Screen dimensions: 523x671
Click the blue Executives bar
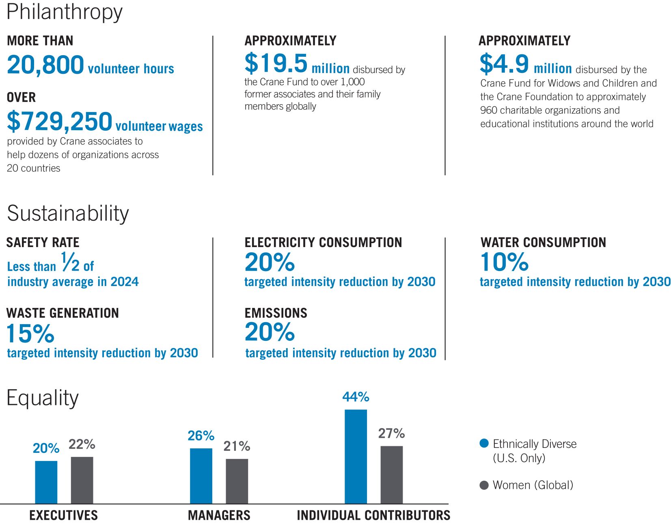pyautogui.click(x=46, y=482)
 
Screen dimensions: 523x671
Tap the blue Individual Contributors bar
pyautogui.click(x=356, y=456)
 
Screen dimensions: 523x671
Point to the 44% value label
pyautogui.click(x=356, y=397)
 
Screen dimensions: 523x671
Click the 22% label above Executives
pyautogui.click(x=82, y=444)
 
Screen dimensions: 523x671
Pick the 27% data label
pyautogui.click(x=391, y=433)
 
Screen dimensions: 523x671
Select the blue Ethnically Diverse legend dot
pyautogui.click(x=484, y=443)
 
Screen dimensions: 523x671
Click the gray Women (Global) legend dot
pyautogui.click(x=484, y=485)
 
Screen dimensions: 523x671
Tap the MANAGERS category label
pyautogui.click(x=219, y=515)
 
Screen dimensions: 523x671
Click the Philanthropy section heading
pyautogui.click(x=65, y=12)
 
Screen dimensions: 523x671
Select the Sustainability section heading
pyautogui.click(x=68, y=213)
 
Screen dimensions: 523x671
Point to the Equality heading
pyautogui.click(x=43, y=398)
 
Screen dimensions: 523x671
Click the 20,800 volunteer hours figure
pyautogui.click(x=45, y=65)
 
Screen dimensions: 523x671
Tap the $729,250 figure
pyautogui.click(x=59, y=121)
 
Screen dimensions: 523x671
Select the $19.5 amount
pyautogui.click(x=276, y=63)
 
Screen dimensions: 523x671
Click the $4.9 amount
pyautogui.click(x=504, y=64)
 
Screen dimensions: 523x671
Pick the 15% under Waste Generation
pyautogui.click(x=30, y=334)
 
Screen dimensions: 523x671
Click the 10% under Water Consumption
pyautogui.click(x=504, y=262)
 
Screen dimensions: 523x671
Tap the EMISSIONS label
pyautogui.click(x=276, y=313)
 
